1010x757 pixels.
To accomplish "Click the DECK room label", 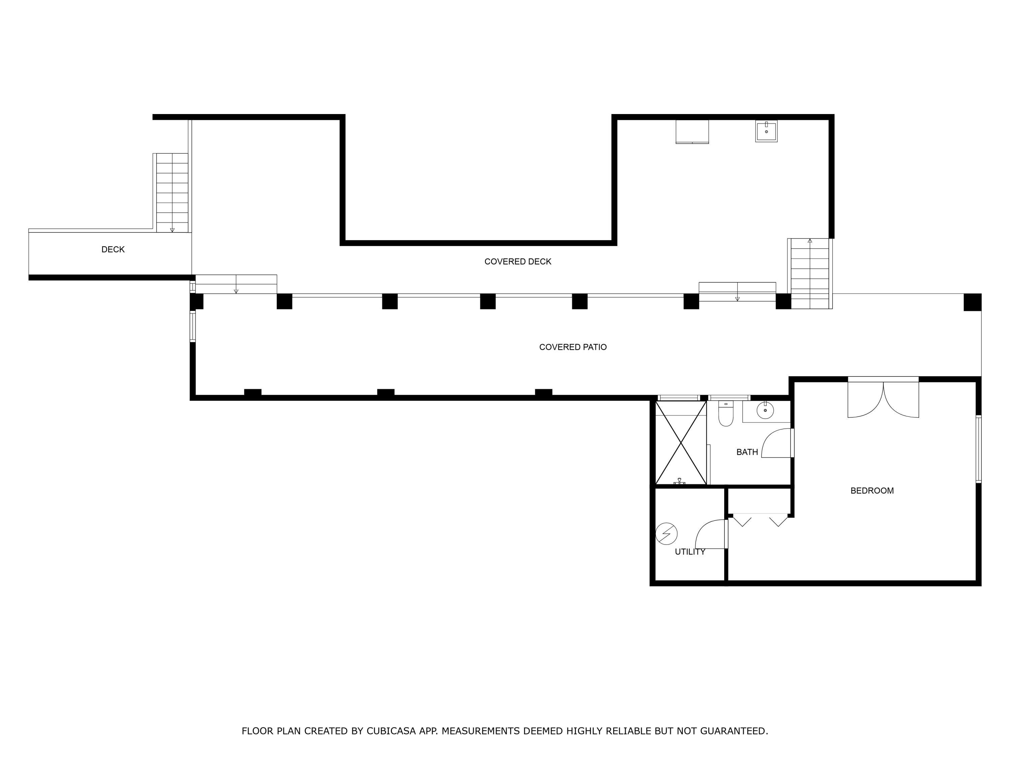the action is pos(113,250).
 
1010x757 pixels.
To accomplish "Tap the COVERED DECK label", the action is pos(518,261).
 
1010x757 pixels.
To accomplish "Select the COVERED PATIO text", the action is pos(573,347).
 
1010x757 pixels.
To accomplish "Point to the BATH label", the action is pos(747,452).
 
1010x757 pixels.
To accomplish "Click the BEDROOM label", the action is pos(872,491).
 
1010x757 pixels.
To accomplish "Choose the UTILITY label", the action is pos(690,552).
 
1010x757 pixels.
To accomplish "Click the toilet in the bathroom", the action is pos(726,413).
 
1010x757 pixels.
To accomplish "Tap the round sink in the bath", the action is pos(765,410).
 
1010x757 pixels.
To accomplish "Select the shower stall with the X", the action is pos(681,443).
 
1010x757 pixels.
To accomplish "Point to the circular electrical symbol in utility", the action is pos(666,533).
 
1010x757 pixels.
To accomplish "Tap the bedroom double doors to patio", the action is pos(883,398).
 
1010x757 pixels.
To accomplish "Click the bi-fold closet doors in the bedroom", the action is pos(760,520).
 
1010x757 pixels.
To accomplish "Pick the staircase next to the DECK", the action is pos(172,193).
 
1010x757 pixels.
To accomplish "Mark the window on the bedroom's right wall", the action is pos(978,449).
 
